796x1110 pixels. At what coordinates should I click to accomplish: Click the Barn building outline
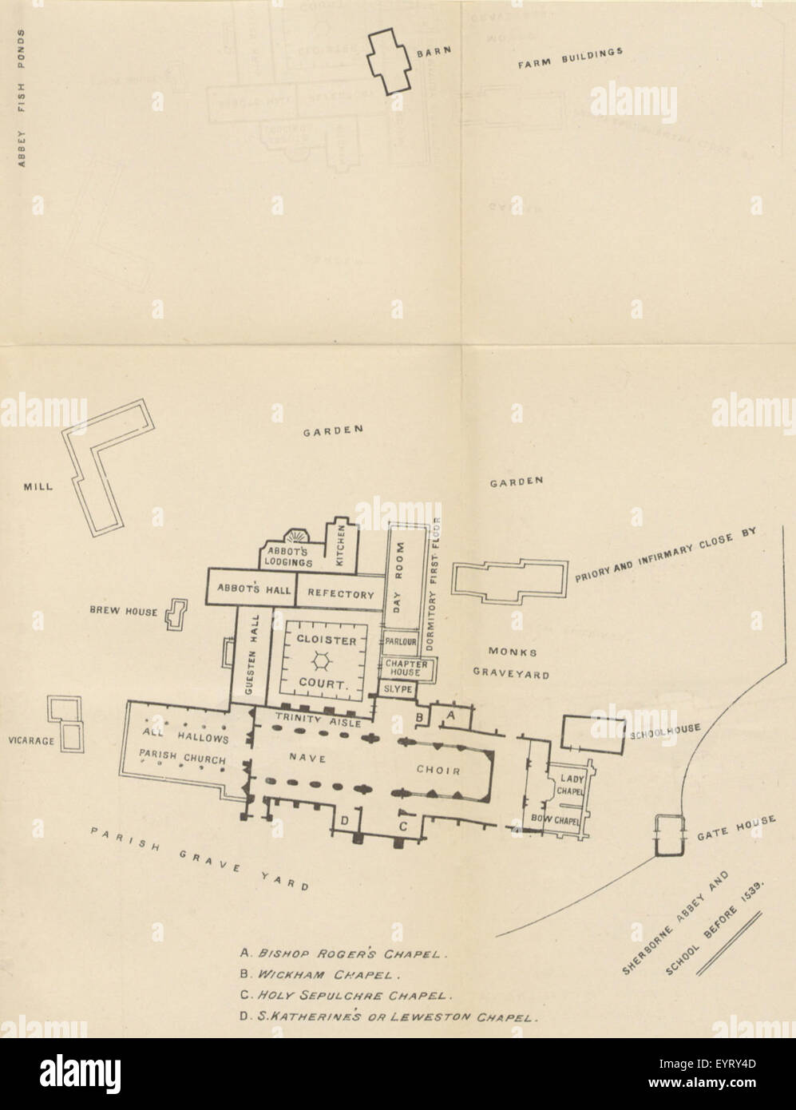(390, 64)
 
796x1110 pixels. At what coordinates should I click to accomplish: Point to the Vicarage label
(30, 741)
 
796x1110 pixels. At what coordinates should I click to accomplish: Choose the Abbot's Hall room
(250, 587)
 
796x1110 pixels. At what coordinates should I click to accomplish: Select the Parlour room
(402, 642)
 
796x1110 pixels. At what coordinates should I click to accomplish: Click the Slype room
(397, 688)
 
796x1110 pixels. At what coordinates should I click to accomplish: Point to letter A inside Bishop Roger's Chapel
(449, 716)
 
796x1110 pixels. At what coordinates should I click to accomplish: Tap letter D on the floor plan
(345, 820)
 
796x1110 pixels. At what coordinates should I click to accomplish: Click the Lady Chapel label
(571, 783)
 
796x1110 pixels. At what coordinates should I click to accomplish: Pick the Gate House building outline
(669, 836)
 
